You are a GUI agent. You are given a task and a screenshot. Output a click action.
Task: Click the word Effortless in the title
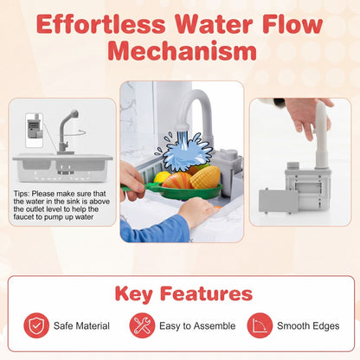[101, 23]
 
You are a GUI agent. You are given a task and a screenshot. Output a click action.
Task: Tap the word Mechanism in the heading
[182, 51]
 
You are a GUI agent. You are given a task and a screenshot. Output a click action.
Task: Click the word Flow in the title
[292, 23]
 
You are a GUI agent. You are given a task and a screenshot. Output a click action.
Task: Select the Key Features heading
[183, 294]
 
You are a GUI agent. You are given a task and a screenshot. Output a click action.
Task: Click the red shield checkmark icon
[36, 325]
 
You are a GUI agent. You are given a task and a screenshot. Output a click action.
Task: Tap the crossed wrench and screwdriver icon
[142, 325]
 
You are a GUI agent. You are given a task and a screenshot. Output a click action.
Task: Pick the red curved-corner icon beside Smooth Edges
[260, 325]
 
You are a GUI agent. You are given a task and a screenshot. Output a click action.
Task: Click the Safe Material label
[81, 326]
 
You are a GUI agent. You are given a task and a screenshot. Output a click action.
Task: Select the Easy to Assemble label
[197, 326]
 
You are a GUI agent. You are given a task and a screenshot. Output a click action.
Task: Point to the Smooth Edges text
[308, 326]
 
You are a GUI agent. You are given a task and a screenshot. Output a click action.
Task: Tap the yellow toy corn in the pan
[205, 177]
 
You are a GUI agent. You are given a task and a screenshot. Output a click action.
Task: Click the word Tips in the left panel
[21, 194]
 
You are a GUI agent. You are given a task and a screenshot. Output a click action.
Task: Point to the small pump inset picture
[35, 130]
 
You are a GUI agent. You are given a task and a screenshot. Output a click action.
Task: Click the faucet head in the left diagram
[74, 113]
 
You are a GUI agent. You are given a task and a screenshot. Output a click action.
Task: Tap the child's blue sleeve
[156, 229]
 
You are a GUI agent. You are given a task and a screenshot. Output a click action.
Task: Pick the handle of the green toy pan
[137, 188]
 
